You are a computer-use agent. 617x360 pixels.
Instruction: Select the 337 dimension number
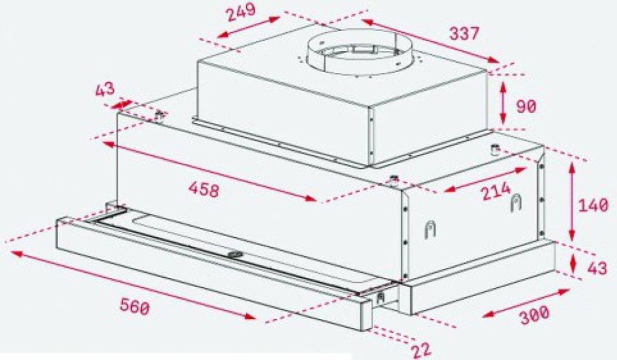pyautogui.click(x=464, y=33)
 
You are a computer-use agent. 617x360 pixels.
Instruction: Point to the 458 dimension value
pyautogui.click(x=203, y=189)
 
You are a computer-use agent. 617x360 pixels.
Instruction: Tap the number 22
pyautogui.click(x=421, y=350)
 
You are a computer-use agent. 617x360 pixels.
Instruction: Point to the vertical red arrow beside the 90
pyautogui.click(x=503, y=104)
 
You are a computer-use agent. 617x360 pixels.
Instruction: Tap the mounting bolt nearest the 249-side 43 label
pyautogui.click(x=160, y=116)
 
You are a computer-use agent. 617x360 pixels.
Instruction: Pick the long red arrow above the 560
pyautogui.click(x=133, y=284)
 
